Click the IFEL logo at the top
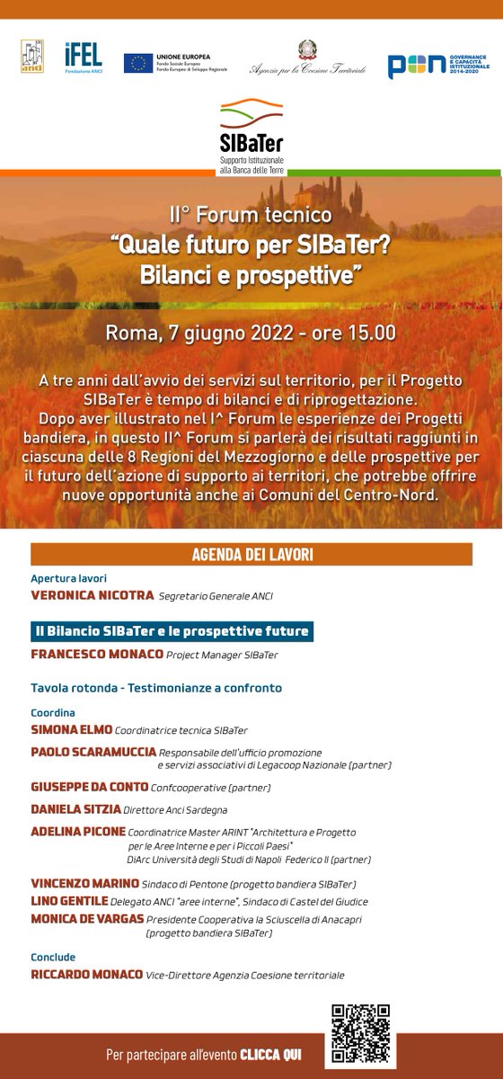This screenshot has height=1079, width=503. point(83,58)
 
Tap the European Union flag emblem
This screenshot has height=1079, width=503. point(138,63)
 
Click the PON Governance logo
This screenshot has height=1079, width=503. point(437,63)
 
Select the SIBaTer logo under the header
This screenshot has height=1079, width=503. point(251,130)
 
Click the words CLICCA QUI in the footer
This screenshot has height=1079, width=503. point(271,1053)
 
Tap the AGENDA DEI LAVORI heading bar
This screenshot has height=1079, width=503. point(251,554)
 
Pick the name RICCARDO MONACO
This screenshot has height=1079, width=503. point(88,975)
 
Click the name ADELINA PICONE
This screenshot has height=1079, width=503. point(78,832)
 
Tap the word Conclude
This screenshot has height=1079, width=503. point(53,957)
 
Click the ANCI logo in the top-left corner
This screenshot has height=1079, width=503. point(32,58)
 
